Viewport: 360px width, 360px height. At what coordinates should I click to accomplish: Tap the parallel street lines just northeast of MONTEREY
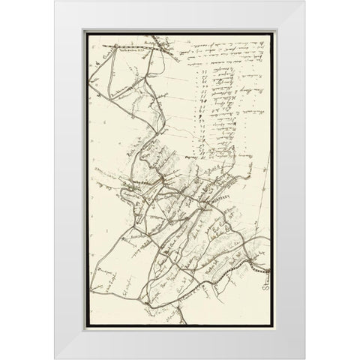coord(229,184)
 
